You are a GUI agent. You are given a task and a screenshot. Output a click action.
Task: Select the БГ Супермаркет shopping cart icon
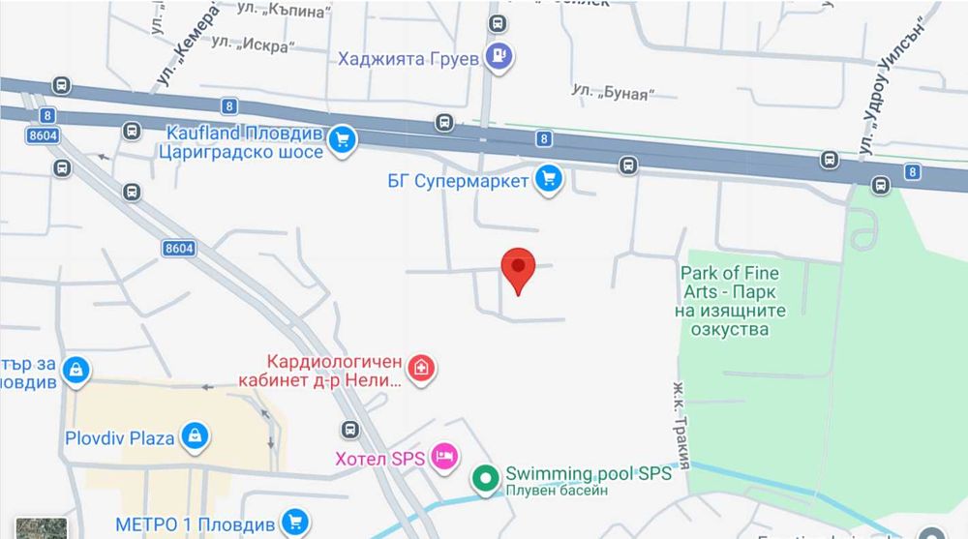click(549, 180)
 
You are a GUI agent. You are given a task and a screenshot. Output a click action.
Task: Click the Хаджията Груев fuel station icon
click(499, 57)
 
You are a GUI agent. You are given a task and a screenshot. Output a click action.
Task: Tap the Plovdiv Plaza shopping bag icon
click(195, 436)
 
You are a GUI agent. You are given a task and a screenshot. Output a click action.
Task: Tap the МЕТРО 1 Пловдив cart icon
click(294, 523)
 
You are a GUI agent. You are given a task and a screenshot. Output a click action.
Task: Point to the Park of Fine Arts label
click(730, 301)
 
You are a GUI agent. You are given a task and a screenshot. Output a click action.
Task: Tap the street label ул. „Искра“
click(254, 44)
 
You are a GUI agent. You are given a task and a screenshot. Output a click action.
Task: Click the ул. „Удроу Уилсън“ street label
click(887, 87)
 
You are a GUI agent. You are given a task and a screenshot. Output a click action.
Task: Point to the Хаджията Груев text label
click(408, 58)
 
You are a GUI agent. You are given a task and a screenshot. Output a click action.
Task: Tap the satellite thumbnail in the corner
click(42, 527)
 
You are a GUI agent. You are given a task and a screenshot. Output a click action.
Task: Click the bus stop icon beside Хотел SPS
click(349, 429)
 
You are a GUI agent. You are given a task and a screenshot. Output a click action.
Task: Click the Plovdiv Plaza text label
click(120, 437)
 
